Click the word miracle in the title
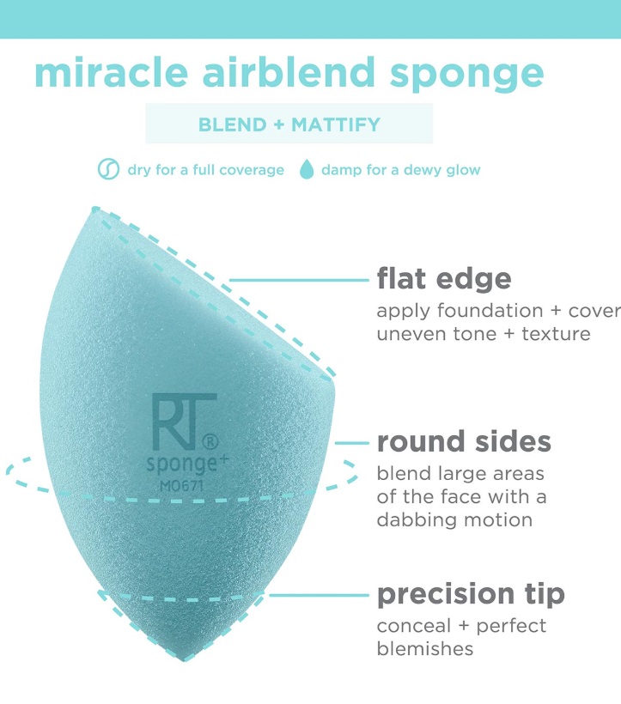[x=111, y=72]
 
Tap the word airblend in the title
[x=289, y=72]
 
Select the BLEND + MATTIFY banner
[x=289, y=124]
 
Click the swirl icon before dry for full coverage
[x=109, y=169]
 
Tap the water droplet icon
[x=307, y=169]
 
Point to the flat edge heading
[x=444, y=279]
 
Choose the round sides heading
[x=464, y=442]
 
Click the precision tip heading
[x=471, y=595]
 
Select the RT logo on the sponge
[x=184, y=422]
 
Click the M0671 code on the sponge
[x=181, y=485]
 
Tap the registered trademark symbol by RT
[x=210, y=442]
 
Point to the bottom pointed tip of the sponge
[x=184, y=660]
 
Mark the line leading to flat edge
[x=299, y=280]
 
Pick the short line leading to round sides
[x=351, y=443]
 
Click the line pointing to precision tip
[x=319, y=595]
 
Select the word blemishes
[x=425, y=649]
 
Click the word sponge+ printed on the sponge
[x=187, y=464]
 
